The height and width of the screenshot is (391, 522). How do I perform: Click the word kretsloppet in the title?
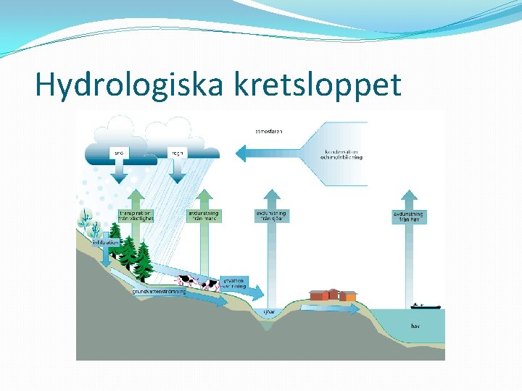coord(318,85)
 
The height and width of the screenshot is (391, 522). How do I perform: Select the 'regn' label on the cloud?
coord(177,153)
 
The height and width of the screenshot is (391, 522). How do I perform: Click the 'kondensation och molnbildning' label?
coord(343,154)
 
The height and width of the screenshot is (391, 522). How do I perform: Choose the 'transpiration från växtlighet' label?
coord(136,216)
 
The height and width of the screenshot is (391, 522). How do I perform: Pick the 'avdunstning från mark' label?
coord(204,216)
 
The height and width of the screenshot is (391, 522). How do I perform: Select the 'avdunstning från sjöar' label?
coord(271,216)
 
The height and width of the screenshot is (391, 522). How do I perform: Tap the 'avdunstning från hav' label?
coord(409,216)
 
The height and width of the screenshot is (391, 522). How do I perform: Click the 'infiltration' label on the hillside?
coord(106,243)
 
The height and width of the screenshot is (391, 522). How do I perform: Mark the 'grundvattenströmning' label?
coord(159,292)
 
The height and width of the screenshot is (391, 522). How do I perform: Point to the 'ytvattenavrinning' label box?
coord(233,282)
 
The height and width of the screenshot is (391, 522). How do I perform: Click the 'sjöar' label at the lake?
coord(269,312)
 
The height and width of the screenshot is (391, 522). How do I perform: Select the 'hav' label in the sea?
coord(415,327)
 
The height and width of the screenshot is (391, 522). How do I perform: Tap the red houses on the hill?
coord(333,295)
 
